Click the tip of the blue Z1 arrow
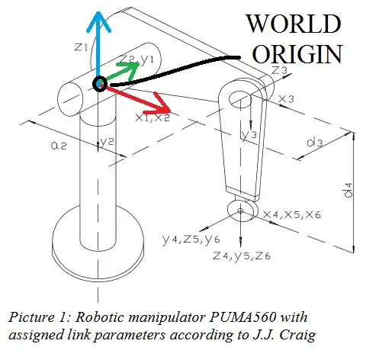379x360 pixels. click(98, 12)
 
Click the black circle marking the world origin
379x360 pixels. click(98, 83)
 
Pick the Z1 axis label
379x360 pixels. click(82, 48)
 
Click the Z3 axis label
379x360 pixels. click(280, 69)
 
